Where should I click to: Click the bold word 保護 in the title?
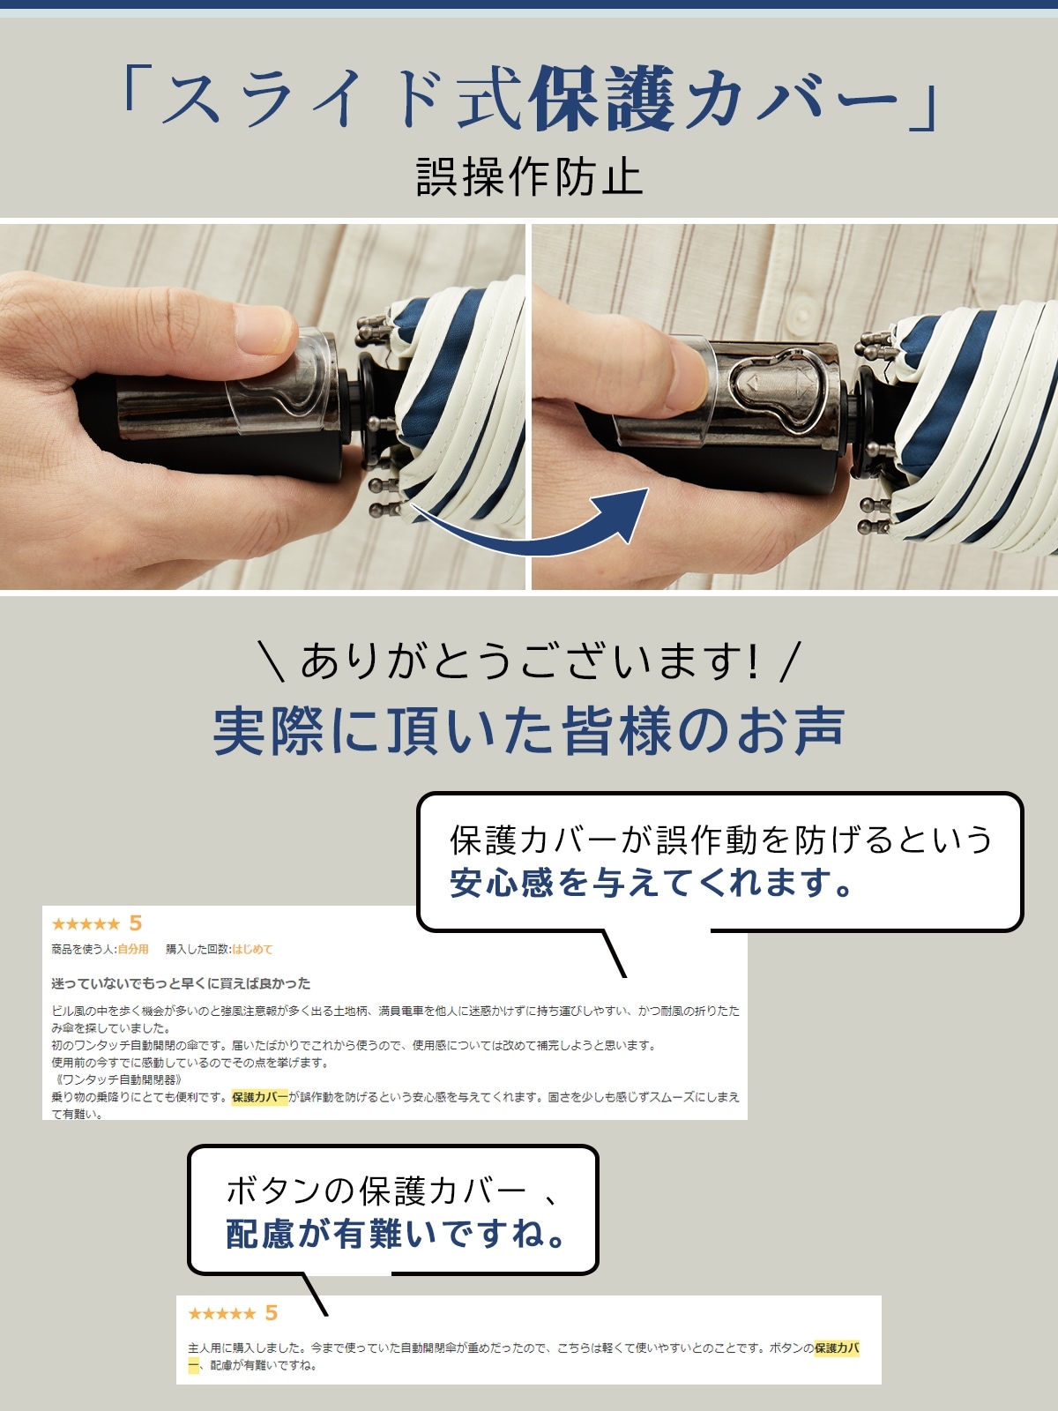coord(603,99)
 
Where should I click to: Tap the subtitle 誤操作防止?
coord(529,176)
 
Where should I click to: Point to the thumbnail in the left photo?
coord(269,328)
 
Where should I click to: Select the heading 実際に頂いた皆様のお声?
coord(529,731)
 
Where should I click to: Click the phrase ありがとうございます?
coord(530,661)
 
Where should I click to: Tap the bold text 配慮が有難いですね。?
coord(395,1234)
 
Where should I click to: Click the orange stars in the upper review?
coord(86,924)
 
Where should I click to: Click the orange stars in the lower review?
coord(221,1313)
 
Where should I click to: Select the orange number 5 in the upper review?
coord(135,923)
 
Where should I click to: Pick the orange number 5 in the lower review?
coord(271,1312)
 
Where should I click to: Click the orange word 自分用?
coord(133,949)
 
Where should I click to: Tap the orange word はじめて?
coord(252,949)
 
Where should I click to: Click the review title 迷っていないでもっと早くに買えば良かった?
coord(181,983)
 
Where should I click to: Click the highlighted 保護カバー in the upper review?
coord(259,1097)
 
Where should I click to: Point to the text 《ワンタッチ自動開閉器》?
coord(118,1080)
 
